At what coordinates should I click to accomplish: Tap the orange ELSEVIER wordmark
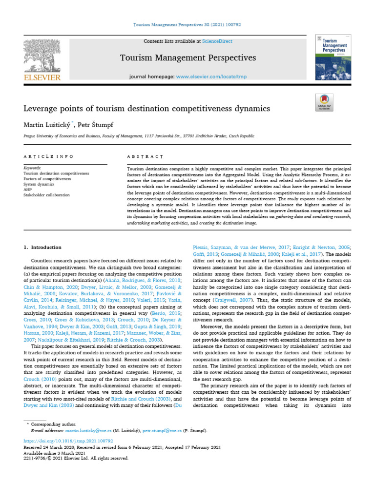(x=42, y=77)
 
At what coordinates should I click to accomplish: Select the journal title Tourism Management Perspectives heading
(x=188, y=58)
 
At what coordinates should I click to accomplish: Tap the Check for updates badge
(x=324, y=102)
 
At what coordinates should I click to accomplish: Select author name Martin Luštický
(x=46, y=125)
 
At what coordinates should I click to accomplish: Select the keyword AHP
(x=28, y=190)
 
